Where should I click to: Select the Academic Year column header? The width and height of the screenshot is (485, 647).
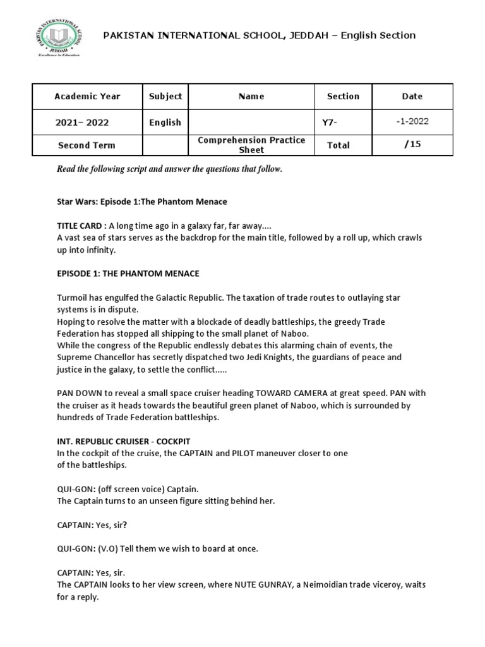tap(87, 97)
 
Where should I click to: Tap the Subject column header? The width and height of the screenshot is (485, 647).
tap(165, 97)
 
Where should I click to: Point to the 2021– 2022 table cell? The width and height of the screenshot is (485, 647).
tap(87, 123)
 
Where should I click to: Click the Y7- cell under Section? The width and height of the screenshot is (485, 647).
tap(330, 123)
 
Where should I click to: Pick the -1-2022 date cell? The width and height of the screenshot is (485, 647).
tap(413, 121)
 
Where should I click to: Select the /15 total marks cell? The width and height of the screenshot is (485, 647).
tap(413, 145)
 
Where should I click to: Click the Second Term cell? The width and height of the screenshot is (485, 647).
tap(87, 145)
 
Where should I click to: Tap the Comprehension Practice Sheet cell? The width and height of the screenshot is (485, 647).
tap(251, 145)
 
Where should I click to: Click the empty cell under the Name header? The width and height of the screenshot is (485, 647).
tap(251, 122)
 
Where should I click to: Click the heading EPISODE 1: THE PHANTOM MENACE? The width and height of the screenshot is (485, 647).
tap(128, 274)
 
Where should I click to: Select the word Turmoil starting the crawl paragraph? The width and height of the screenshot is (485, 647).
tap(73, 298)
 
